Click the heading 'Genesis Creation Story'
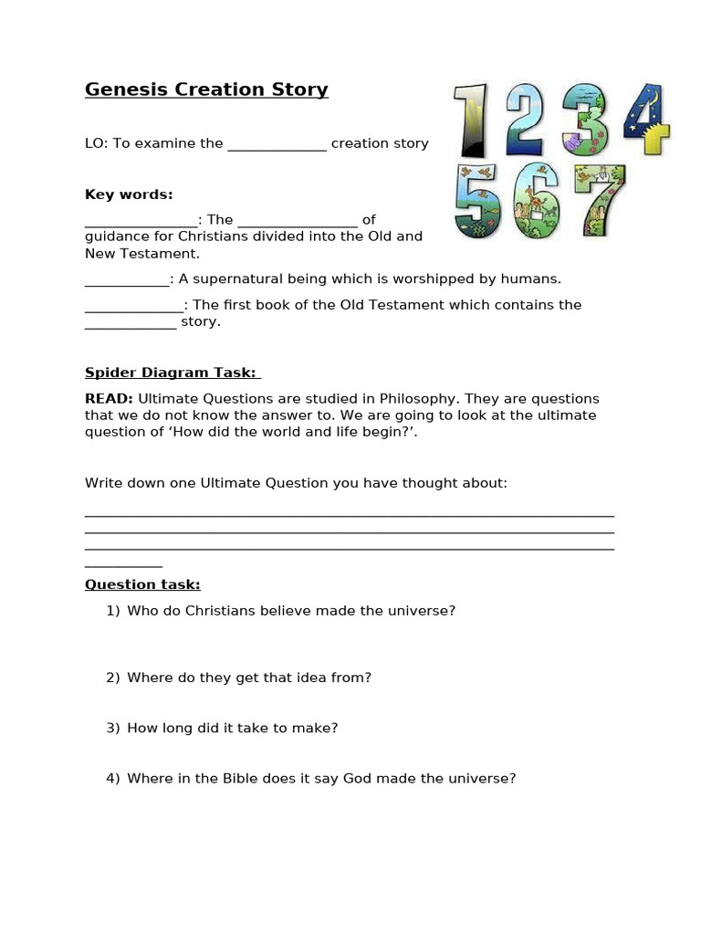coord(206,89)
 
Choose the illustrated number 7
coord(599,200)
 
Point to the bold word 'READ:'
coord(110,399)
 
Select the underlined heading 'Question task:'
coord(142,584)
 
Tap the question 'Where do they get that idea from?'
coord(249,678)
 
